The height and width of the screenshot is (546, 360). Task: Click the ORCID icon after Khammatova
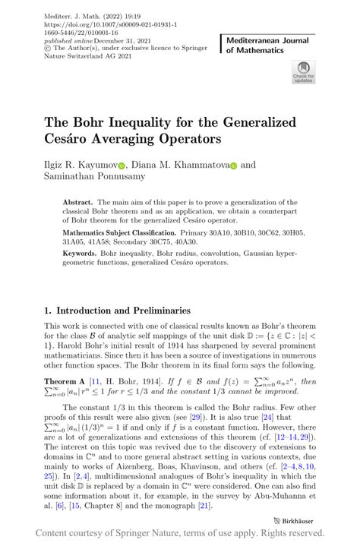coord(234,165)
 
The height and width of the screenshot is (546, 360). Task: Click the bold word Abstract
coord(77,204)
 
